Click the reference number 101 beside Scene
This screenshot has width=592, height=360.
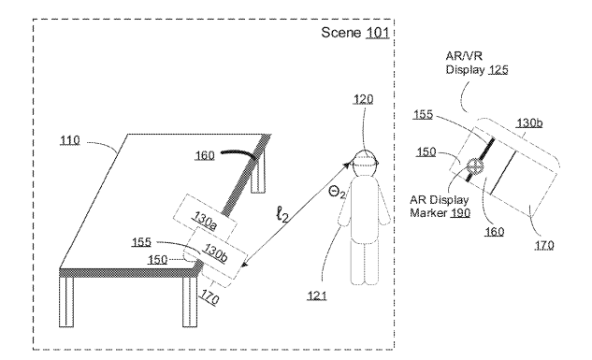click(x=377, y=33)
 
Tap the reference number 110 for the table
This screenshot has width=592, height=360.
click(x=70, y=140)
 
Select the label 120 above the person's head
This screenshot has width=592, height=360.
click(x=363, y=99)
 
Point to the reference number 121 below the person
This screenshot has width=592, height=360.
click(x=317, y=295)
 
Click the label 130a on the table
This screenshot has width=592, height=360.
click(x=205, y=221)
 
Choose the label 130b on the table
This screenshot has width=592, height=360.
click(x=215, y=252)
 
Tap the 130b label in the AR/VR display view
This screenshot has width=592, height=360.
click(x=529, y=122)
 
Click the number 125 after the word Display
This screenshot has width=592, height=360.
click(x=498, y=70)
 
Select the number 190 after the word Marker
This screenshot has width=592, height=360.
click(x=461, y=213)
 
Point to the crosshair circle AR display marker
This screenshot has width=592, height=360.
click(x=474, y=166)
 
